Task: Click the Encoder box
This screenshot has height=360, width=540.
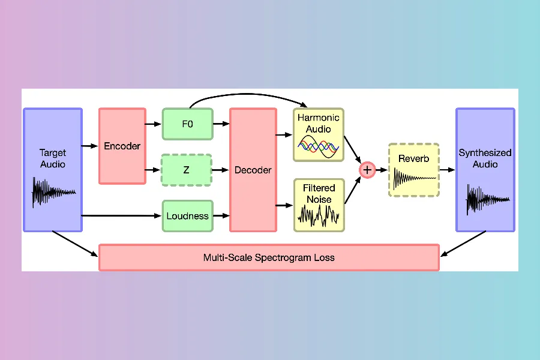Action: tap(122, 146)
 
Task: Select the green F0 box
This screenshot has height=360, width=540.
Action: tap(187, 124)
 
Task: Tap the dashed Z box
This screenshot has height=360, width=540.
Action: tap(187, 170)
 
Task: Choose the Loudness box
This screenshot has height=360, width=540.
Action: tap(187, 216)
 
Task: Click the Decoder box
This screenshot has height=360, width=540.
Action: tap(253, 170)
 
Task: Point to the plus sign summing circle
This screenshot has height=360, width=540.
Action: tap(367, 170)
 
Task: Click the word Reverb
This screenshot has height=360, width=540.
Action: tap(413, 158)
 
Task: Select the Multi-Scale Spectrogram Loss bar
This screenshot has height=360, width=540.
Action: tap(268, 257)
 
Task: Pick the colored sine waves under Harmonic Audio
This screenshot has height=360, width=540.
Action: tap(319, 146)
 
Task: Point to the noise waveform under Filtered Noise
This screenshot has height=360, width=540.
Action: tap(319, 215)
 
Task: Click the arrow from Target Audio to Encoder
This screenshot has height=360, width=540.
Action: tap(90, 146)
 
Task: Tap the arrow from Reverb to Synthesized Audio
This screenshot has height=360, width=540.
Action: tap(447, 170)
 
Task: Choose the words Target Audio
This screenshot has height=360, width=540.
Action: tap(53, 158)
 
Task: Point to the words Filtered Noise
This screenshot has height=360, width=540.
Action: tap(319, 193)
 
